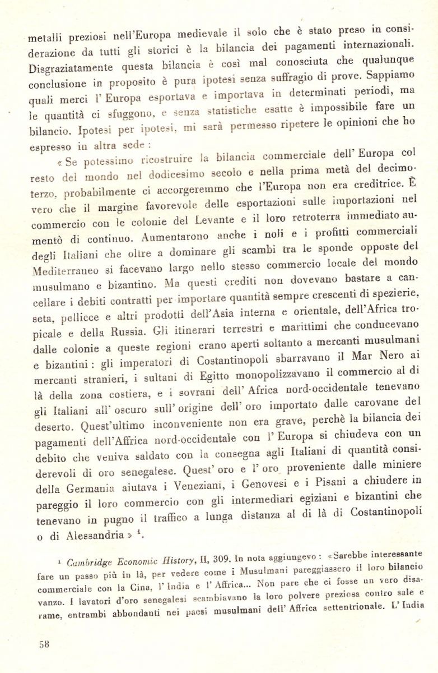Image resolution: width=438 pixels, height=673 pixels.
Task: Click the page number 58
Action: point(44,644)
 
